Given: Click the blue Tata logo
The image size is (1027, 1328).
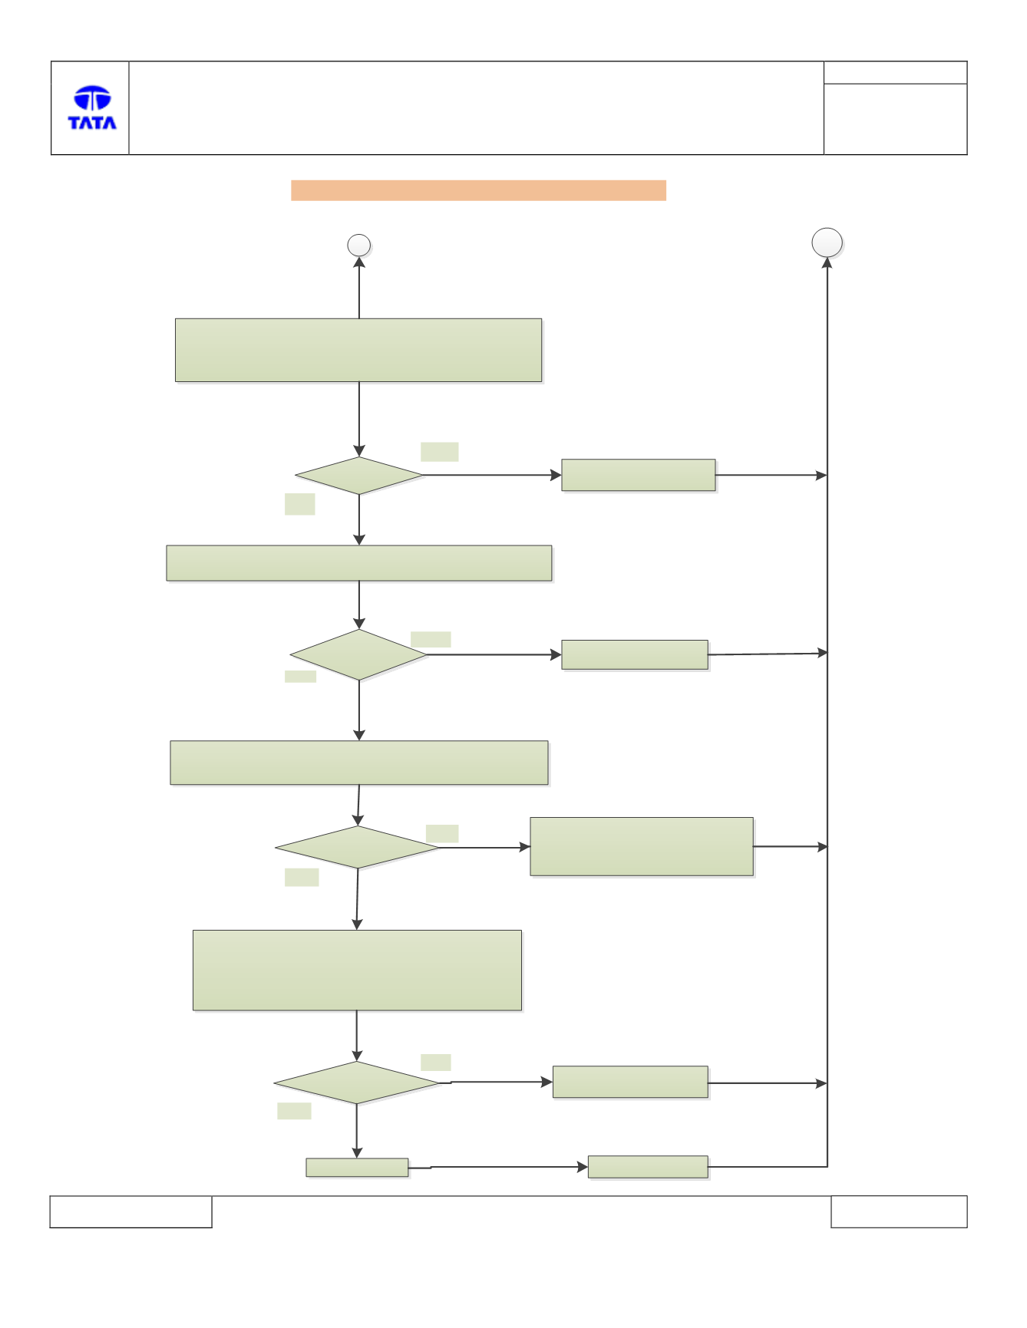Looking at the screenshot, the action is (x=92, y=107).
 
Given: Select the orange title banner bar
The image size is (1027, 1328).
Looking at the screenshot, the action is (x=478, y=190).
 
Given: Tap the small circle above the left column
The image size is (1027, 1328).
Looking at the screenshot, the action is (x=359, y=245).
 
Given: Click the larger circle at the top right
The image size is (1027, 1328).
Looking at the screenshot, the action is (x=827, y=242).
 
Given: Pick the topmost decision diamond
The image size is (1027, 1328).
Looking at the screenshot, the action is (x=359, y=476).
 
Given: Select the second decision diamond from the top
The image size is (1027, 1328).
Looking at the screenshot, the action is (x=358, y=654).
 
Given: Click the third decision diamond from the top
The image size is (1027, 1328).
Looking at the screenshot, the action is (x=358, y=847).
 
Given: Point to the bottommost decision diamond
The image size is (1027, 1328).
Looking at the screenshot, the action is (x=357, y=1083).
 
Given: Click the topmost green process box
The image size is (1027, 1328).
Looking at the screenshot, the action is (x=358, y=350).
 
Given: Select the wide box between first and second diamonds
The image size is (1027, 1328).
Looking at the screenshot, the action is (x=359, y=563).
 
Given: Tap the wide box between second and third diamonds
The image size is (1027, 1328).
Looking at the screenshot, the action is (x=359, y=763).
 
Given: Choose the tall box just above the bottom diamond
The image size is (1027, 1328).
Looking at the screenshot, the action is (x=357, y=970).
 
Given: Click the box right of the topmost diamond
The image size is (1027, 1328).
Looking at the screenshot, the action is (x=639, y=475).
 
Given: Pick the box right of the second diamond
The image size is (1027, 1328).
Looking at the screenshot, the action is (x=635, y=654).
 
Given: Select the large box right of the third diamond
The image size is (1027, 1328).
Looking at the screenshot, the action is (x=642, y=846).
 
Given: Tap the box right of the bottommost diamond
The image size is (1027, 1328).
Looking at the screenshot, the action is (x=630, y=1082).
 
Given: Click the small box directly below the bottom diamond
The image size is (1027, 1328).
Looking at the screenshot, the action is (x=357, y=1167).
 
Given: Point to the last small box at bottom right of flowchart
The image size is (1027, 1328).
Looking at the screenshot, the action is (x=648, y=1167).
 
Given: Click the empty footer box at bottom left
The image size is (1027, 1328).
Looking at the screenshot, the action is (x=130, y=1211).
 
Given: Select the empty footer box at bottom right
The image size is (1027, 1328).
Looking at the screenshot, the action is (x=899, y=1211).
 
